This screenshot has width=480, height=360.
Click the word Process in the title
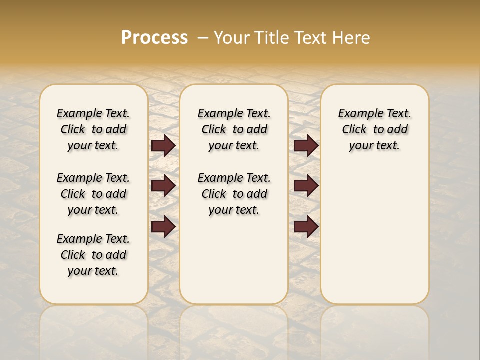[154, 38]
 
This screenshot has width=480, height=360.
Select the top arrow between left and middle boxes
[163, 145]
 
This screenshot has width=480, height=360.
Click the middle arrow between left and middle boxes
[163, 186]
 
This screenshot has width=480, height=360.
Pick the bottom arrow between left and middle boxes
[163, 226]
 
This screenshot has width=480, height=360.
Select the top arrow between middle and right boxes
[306, 145]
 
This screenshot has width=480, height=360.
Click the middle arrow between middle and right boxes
[306, 186]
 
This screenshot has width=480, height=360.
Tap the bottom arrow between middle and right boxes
[306, 226]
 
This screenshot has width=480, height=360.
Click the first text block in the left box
[93, 129]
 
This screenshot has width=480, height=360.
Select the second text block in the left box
[93, 194]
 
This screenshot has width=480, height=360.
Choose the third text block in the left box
[93, 255]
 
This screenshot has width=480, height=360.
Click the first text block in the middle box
[234, 129]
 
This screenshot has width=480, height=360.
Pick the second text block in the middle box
[234, 194]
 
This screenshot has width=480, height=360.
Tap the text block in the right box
[374, 129]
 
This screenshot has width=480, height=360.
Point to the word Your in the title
[232, 38]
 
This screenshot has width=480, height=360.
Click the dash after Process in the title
[202, 38]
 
